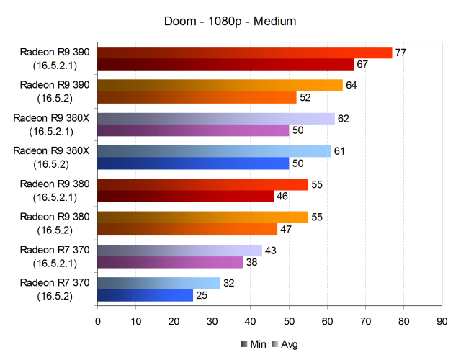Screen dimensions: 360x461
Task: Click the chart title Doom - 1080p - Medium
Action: (x=230, y=22)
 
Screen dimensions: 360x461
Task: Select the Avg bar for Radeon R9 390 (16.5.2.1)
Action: (x=244, y=53)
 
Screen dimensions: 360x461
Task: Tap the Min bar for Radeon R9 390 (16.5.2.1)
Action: (x=225, y=65)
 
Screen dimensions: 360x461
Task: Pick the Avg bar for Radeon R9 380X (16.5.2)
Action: (x=214, y=151)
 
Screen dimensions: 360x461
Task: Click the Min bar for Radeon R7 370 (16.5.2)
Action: (x=145, y=295)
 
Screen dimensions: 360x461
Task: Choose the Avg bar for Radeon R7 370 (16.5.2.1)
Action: (x=179, y=250)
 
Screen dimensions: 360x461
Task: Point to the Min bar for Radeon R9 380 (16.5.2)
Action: (x=187, y=230)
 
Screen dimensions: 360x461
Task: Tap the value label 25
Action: (x=202, y=295)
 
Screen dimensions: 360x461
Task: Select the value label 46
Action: (x=283, y=197)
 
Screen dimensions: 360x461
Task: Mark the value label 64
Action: (x=352, y=85)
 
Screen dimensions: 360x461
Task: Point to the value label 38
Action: (x=252, y=262)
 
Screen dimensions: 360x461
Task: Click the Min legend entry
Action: (x=251, y=344)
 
